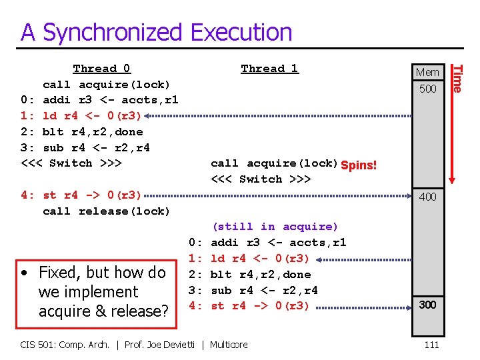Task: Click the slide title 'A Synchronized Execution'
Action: (157, 32)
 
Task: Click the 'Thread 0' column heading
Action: (101, 69)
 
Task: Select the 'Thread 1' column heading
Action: (269, 69)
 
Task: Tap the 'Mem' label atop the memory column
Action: (427, 73)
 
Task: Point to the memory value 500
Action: (427, 88)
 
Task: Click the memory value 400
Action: (427, 197)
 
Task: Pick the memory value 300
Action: (427, 305)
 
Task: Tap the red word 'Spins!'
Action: (359, 165)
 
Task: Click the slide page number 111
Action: (431, 345)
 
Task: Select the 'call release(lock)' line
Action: (106, 211)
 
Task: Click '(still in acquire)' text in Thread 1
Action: (275, 227)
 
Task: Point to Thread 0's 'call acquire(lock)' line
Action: (106, 85)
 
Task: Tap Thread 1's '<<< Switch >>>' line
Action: (261, 179)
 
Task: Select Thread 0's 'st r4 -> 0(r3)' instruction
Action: (92, 195)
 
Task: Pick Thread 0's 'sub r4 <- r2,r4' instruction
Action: (96, 147)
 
